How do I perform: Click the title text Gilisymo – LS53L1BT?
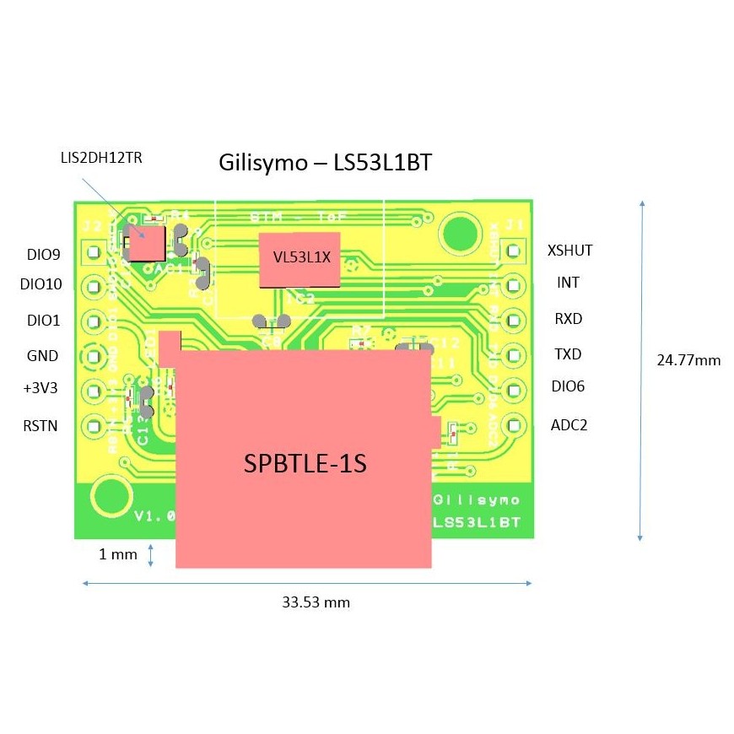point(325,162)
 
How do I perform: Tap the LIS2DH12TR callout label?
point(100,157)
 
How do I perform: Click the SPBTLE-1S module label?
point(305,464)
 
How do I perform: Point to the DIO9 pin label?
point(43,254)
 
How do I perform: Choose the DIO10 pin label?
point(41,284)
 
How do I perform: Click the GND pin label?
point(42,356)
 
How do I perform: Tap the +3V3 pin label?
point(40,389)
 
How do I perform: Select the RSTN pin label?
point(40,425)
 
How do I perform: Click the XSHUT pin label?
point(569,251)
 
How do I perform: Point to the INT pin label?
point(569,283)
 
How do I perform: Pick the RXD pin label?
point(569,319)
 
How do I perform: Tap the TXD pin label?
point(569,354)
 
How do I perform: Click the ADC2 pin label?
point(569,424)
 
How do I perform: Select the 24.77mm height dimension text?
point(688,360)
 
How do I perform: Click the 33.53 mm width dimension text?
point(316,602)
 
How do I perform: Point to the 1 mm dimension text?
point(118,554)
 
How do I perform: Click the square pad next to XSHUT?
point(511,251)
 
